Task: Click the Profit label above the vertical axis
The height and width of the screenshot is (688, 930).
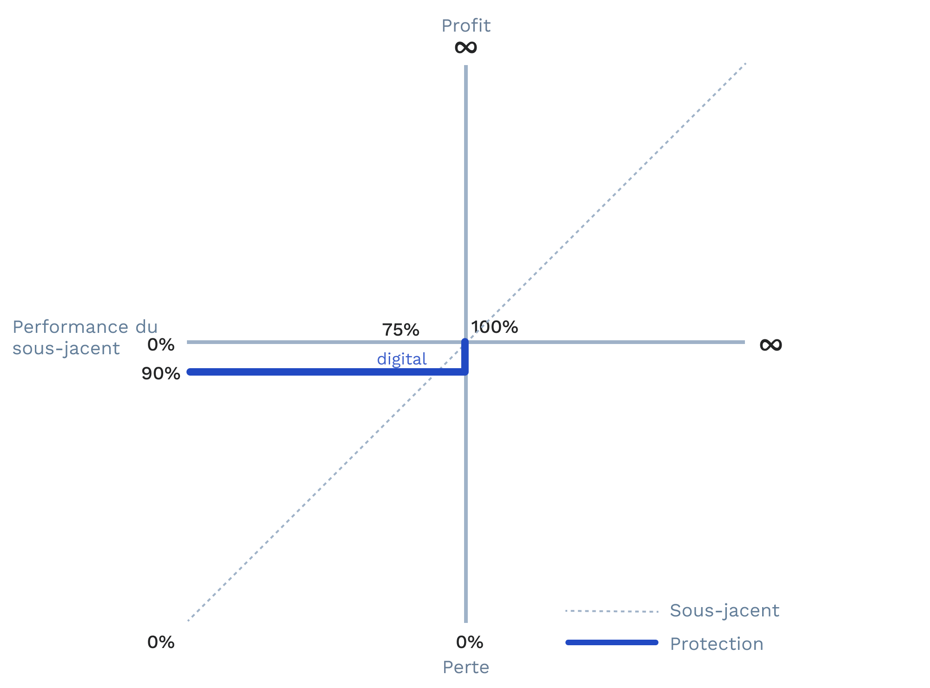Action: point(466,26)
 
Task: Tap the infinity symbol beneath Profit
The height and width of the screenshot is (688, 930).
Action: point(466,47)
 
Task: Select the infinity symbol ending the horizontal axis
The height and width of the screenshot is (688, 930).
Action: point(771,344)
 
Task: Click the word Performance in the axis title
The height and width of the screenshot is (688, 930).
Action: point(70,327)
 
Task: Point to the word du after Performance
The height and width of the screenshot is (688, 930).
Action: point(146,327)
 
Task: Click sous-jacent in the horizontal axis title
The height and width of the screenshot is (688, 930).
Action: point(66,348)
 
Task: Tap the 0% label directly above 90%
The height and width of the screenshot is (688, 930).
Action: point(161,345)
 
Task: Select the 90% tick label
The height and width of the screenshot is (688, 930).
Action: point(161,374)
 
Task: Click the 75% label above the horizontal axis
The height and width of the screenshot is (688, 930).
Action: point(400,330)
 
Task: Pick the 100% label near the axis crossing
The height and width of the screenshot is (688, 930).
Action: point(495,327)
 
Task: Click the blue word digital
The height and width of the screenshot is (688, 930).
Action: point(402,359)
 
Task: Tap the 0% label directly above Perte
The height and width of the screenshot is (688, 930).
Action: point(470,642)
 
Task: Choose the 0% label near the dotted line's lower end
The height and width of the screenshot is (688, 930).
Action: point(161,642)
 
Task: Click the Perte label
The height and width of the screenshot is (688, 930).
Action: point(466,667)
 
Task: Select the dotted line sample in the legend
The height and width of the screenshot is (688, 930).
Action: point(611,611)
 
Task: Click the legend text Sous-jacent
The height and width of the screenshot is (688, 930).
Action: point(724,611)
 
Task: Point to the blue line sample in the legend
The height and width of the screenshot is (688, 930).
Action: point(611,642)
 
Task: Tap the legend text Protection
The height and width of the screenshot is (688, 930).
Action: point(717,644)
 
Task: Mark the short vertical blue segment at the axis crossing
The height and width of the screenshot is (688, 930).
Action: point(465,357)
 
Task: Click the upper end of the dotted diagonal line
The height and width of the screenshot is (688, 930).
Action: point(745,64)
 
